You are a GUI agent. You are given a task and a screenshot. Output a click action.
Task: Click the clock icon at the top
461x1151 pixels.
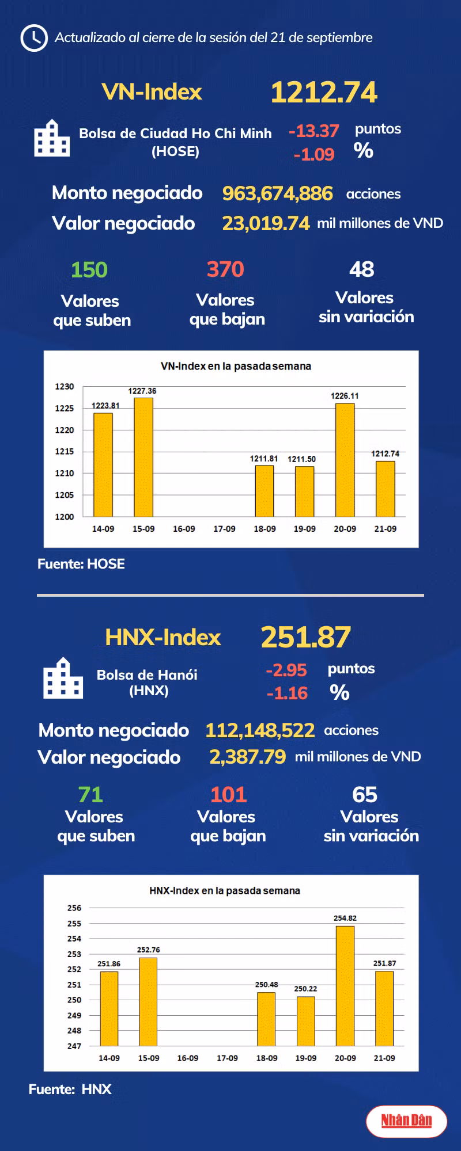click(x=33, y=38)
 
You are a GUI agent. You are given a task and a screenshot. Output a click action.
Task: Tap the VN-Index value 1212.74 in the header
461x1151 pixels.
click(x=324, y=93)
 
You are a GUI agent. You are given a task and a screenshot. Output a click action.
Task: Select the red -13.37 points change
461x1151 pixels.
click(x=314, y=131)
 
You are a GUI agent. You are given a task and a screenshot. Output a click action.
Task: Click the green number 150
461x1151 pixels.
click(x=89, y=270)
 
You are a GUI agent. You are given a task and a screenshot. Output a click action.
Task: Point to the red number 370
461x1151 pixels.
click(x=225, y=269)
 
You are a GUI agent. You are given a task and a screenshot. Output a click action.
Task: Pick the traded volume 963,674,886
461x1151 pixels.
click(x=277, y=193)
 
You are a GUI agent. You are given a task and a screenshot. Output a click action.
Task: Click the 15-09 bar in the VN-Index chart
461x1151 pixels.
click(x=143, y=457)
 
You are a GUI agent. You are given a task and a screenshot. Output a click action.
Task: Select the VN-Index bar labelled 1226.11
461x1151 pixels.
click(x=345, y=460)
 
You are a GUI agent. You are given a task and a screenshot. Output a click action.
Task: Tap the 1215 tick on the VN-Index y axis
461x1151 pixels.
click(x=65, y=452)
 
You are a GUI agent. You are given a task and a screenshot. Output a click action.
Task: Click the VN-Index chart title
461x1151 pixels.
click(x=236, y=366)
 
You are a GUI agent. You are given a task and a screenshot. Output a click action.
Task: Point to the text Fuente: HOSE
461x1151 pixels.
click(x=81, y=564)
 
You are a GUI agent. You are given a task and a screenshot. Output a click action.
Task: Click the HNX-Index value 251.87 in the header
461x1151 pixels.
click(x=305, y=638)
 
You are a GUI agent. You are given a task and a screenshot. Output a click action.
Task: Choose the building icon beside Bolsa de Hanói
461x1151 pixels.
click(x=63, y=679)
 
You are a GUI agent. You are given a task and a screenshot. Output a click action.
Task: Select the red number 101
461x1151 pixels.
click(x=228, y=795)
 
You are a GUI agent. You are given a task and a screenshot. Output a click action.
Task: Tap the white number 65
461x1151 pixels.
click(x=365, y=795)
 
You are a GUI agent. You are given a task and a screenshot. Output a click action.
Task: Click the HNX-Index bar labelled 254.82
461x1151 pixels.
click(x=345, y=986)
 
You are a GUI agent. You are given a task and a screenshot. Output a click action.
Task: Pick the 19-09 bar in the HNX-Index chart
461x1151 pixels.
click(x=305, y=1022)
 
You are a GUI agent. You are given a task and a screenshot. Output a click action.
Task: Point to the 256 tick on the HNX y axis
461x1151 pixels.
click(x=74, y=908)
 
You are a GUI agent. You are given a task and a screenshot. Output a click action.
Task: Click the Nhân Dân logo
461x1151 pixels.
click(x=406, y=1120)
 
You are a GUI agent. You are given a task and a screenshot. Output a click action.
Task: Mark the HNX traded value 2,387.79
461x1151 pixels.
click(x=247, y=757)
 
